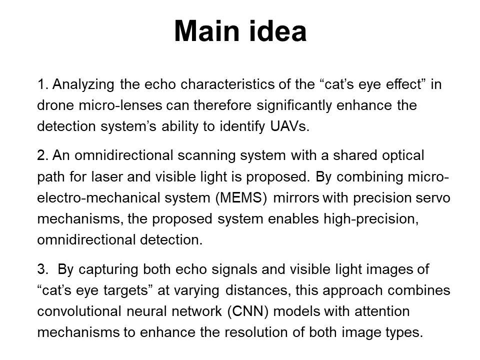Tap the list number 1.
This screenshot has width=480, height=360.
click(42, 84)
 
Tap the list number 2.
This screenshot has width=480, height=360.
click(42, 155)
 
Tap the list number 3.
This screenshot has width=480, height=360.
click(42, 270)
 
